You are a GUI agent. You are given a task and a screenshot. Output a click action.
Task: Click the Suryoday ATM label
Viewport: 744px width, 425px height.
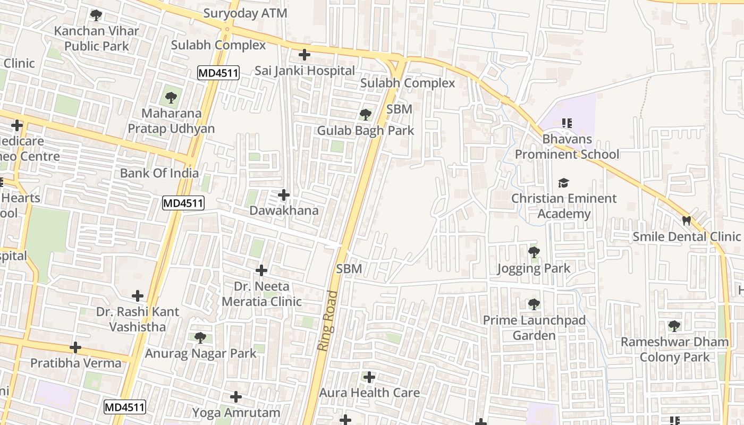coord(245,13)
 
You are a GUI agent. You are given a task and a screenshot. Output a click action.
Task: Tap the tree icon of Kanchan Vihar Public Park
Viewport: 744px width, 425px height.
coord(96,15)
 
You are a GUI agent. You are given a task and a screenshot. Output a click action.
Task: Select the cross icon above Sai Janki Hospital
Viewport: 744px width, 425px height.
coord(304,55)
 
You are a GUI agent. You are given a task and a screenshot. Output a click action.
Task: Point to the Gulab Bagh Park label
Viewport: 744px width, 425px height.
coord(365,131)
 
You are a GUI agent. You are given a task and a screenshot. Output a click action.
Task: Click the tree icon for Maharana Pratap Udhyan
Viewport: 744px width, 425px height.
coord(171,98)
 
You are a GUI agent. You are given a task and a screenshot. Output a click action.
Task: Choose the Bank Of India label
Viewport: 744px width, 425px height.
coord(159,173)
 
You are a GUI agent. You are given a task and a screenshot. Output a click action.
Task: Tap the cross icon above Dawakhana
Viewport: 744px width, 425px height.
coord(284,195)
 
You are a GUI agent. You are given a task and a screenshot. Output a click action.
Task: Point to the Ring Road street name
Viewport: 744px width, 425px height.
coord(327,320)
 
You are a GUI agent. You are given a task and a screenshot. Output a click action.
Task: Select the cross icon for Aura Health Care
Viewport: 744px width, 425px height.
coord(369,377)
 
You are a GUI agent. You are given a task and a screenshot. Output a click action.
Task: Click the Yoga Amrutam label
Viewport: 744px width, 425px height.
coord(236,413)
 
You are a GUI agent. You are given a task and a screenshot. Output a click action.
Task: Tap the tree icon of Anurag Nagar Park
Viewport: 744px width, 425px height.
coord(200,337)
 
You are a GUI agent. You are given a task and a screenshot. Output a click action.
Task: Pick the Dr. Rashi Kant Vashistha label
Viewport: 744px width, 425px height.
coord(138,319)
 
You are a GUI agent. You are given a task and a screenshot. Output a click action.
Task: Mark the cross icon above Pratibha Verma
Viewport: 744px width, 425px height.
coord(75,347)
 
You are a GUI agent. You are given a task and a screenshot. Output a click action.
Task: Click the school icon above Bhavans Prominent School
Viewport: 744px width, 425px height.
coord(567,123)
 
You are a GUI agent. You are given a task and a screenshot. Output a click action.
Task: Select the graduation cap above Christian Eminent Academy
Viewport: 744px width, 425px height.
coord(563,183)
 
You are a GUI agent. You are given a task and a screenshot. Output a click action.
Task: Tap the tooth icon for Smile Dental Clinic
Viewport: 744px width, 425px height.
coord(686,220)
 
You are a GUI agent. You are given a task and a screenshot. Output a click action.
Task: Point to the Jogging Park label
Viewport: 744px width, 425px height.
coord(534,268)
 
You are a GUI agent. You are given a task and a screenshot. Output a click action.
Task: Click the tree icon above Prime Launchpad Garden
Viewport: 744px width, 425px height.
coord(534,304)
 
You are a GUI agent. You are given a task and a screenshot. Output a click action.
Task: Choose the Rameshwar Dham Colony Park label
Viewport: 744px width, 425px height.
coord(675,349)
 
